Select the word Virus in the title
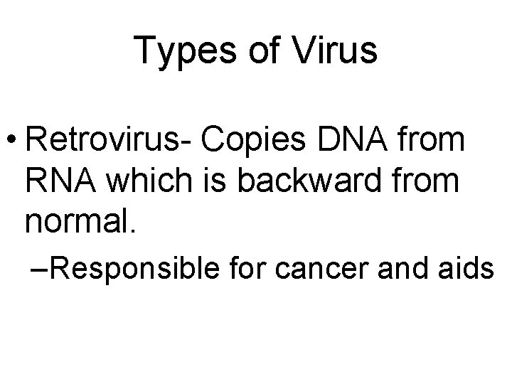[334, 51]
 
